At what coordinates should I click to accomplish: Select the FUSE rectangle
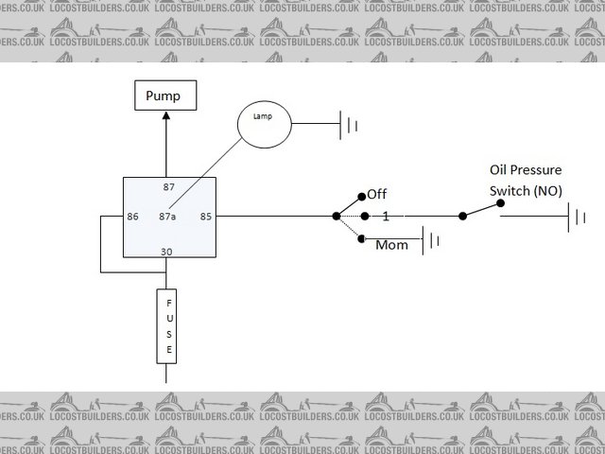168,326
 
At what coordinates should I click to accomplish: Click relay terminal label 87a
168,217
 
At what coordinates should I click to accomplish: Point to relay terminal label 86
132,217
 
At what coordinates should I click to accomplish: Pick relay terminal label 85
206,217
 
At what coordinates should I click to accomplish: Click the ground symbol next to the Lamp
349,123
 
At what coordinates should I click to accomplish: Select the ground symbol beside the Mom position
431,240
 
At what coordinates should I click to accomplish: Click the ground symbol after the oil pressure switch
578,218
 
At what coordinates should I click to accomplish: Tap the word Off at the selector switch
377,195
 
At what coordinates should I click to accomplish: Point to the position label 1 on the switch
386,217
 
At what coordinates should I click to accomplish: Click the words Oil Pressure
525,170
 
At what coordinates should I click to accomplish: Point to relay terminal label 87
168,186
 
